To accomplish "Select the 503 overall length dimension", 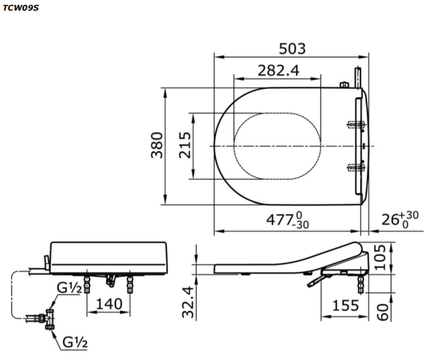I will (x=292, y=49).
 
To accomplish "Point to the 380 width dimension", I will (x=157, y=145).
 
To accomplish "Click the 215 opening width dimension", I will (x=185, y=146).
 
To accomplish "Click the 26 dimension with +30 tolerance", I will (x=399, y=219).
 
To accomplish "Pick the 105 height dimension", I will (x=380, y=257).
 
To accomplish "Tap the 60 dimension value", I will (x=382, y=311).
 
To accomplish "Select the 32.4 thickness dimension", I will (x=189, y=302).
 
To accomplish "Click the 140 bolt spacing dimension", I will (x=108, y=305).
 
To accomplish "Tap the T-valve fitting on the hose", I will (x=49, y=319).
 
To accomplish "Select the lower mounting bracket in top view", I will (x=355, y=166).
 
